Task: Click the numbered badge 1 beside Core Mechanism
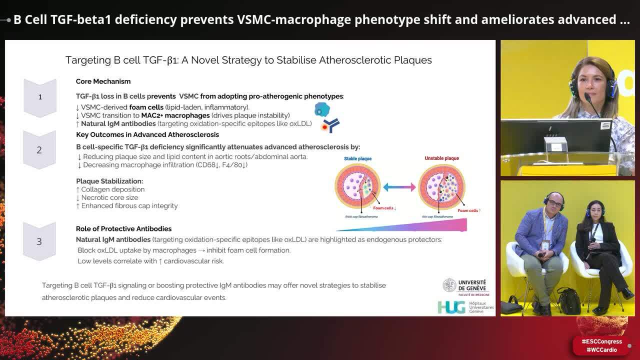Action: pyautogui.click(x=40, y=97)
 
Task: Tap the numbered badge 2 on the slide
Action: pyautogui.click(x=39, y=150)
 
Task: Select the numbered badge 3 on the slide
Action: pyautogui.click(x=39, y=241)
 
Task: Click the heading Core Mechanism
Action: pyautogui.click(x=103, y=81)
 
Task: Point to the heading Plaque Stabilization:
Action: pyautogui.click(x=109, y=181)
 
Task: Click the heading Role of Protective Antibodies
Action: pyautogui.click(x=123, y=228)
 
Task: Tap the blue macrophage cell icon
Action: pyautogui.click(x=322, y=109)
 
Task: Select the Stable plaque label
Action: pyautogui.click(x=357, y=158)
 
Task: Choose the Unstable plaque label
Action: pyautogui.click(x=441, y=158)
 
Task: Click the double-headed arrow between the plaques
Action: pyautogui.click(x=399, y=187)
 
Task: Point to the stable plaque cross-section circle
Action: pyautogui.click(x=357, y=186)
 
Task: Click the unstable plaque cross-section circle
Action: pyautogui.click(x=441, y=186)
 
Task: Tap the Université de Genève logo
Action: pyautogui.click(x=465, y=286)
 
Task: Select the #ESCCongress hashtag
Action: pyautogui.click(x=602, y=342)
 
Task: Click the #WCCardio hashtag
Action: pyautogui.click(x=602, y=350)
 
